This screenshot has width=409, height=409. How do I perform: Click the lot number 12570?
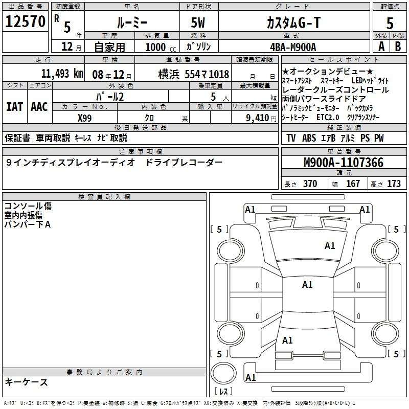(x=25, y=21)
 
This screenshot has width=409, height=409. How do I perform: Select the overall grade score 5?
(x=390, y=23)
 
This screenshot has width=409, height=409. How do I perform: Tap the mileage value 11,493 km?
(x=62, y=74)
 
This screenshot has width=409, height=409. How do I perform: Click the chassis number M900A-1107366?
(x=344, y=163)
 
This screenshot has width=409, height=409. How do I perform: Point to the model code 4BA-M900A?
(x=293, y=47)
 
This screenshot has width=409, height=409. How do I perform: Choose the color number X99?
(x=84, y=118)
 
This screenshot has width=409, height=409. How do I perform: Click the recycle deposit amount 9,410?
(x=257, y=118)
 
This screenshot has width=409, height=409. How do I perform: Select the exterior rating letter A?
(x=381, y=47)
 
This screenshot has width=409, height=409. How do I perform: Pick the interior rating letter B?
(x=398, y=47)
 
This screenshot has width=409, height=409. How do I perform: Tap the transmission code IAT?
(x=15, y=107)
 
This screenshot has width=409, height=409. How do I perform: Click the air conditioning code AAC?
(x=39, y=107)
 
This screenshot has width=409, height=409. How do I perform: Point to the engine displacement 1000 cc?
(x=161, y=47)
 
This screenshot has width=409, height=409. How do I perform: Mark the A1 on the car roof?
(x=307, y=285)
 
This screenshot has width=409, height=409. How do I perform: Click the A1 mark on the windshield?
(x=330, y=246)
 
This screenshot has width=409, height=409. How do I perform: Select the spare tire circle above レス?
(x=223, y=373)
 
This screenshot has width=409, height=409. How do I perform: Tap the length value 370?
(x=310, y=184)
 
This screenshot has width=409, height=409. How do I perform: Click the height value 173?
(x=394, y=184)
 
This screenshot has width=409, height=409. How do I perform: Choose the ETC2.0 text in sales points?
(x=328, y=118)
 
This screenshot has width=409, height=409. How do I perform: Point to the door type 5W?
(x=198, y=22)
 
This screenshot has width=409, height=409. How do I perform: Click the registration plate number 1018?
(x=219, y=74)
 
